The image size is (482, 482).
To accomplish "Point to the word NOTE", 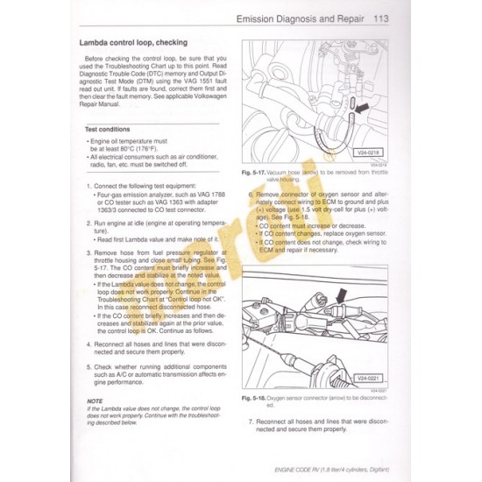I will (82, 400).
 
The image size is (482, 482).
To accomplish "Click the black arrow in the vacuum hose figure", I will (362, 107).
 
